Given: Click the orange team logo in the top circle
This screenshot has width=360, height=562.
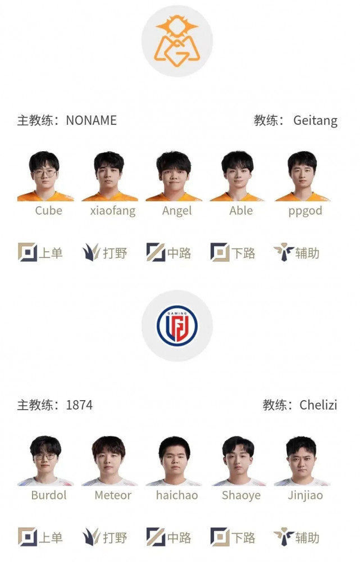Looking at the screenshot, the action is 177,40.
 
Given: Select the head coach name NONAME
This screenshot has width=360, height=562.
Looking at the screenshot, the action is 92,120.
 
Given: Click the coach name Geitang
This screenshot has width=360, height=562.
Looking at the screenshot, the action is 315,121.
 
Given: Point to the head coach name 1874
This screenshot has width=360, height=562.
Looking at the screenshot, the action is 79,405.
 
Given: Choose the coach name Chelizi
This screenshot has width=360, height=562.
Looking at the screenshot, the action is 318,405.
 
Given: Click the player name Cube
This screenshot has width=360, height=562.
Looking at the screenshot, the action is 49,210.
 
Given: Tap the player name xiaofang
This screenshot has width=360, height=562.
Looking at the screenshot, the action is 113,211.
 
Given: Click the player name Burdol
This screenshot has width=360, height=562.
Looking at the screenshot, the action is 49,495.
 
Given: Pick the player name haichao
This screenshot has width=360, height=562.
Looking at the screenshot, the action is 177,495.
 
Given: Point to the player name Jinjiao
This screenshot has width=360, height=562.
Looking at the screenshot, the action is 305,495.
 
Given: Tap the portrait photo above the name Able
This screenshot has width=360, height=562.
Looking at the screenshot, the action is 237,176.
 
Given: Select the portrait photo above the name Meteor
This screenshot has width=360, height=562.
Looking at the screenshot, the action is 109,461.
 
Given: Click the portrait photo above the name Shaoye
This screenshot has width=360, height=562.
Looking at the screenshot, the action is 239,461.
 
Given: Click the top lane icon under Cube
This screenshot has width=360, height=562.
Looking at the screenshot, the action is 28,252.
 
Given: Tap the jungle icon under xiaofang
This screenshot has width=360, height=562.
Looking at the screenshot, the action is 91,252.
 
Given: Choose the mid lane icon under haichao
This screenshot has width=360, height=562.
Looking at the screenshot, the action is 156,537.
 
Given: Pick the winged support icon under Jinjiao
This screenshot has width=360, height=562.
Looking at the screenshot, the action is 284,537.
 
